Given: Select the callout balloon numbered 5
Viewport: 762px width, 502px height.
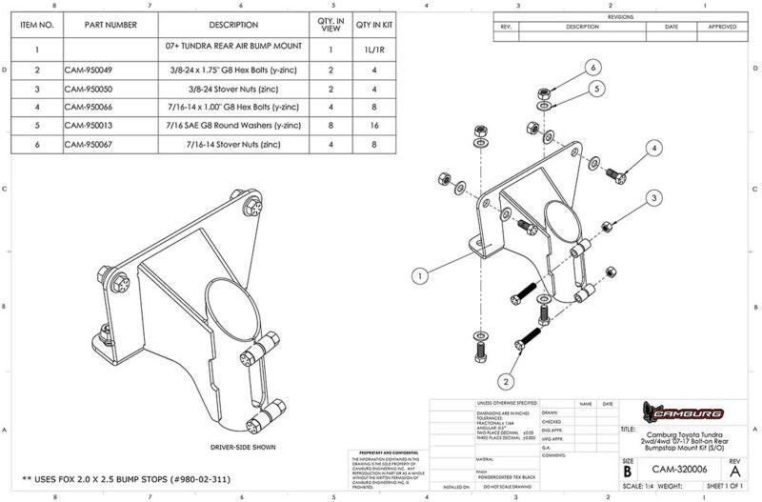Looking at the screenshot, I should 597,89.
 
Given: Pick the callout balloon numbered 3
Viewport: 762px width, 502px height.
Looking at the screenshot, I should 654,197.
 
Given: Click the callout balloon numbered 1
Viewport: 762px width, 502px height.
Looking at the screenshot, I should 418,276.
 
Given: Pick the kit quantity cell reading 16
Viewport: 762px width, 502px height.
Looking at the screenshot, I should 374,124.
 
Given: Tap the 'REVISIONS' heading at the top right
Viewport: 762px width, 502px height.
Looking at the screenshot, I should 619,17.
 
